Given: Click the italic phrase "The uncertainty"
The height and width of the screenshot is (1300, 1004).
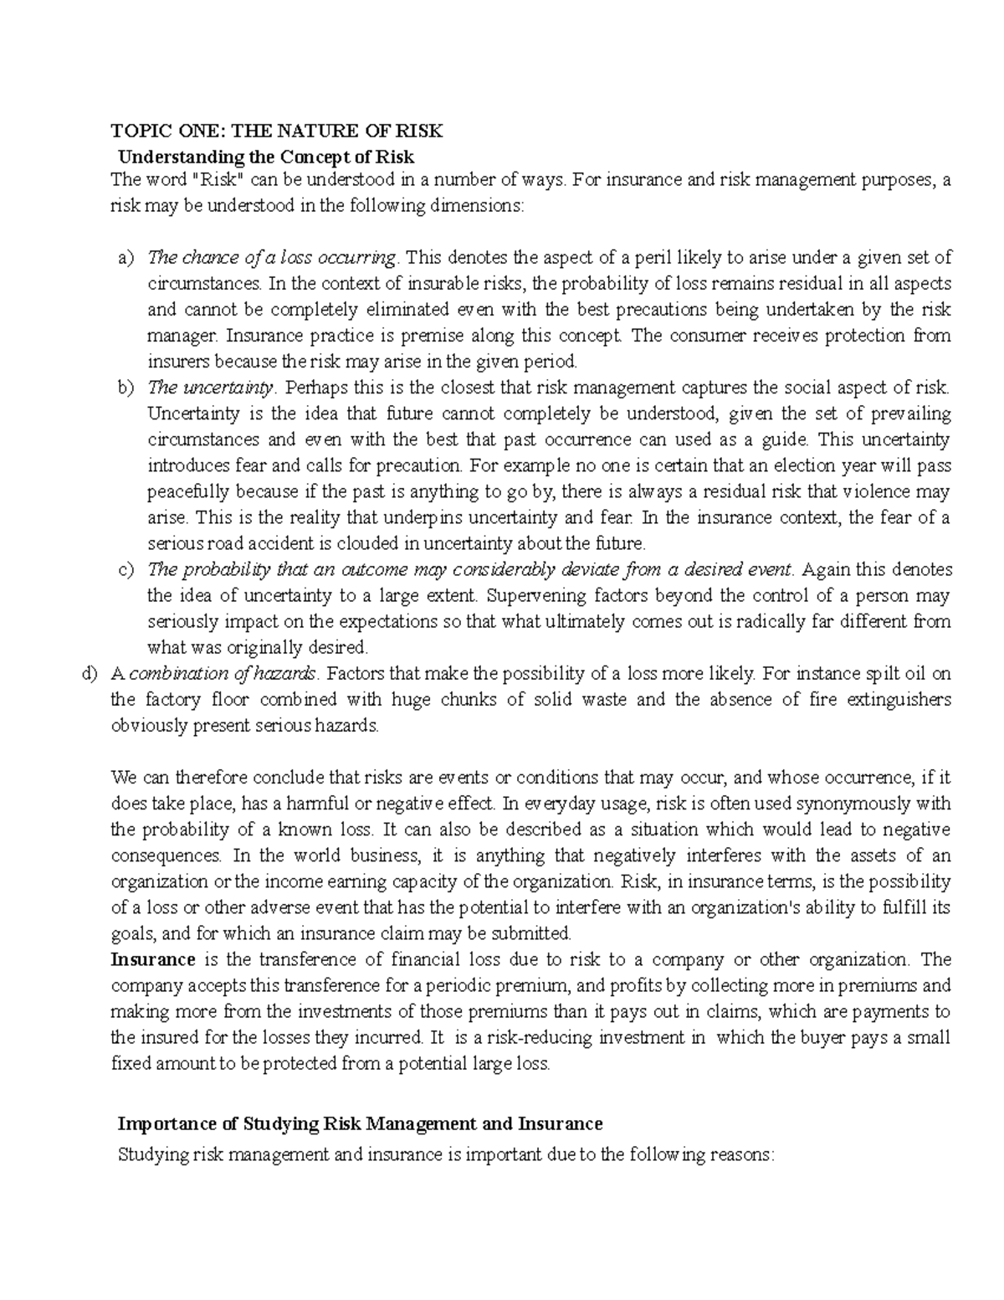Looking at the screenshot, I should click(210, 388).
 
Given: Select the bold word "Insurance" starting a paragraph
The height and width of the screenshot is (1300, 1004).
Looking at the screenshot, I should click(153, 959).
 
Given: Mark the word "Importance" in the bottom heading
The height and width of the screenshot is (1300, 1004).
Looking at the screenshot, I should click(165, 1123).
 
